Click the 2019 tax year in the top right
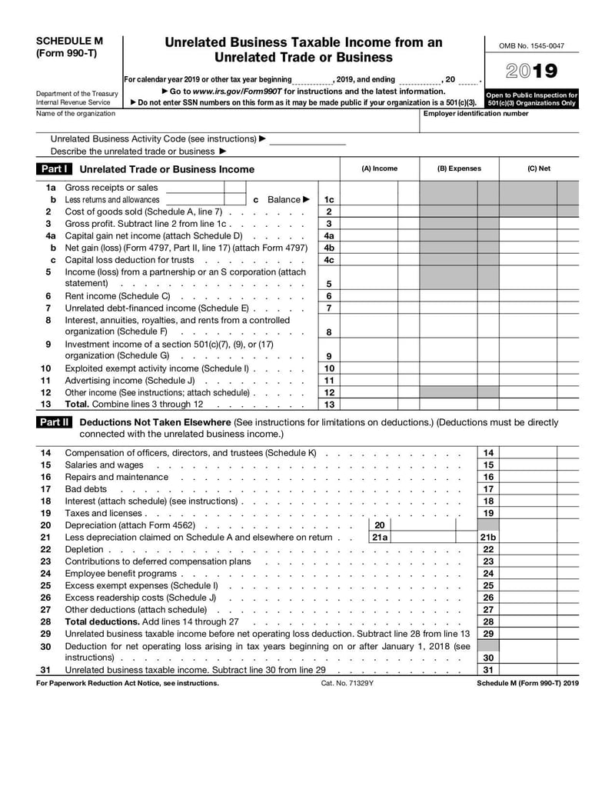pyautogui.click(x=532, y=72)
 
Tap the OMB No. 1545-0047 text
pyautogui.click(x=532, y=46)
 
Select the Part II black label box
pyautogui.click(x=55, y=422)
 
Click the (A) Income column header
pyautogui.click(x=380, y=168)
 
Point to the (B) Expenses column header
pyautogui.click(x=459, y=168)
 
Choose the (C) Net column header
pyautogui.click(x=538, y=168)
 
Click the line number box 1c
pyautogui.click(x=329, y=200)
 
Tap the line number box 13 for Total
pyautogui.click(x=329, y=405)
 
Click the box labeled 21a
pyautogui.click(x=380, y=538)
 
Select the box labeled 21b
pyautogui.click(x=488, y=538)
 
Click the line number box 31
pyautogui.click(x=488, y=670)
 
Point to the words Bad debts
pyautogui.click(x=86, y=489)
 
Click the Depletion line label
pyautogui.click(x=84, y=549)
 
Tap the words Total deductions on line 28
pyautogui.click(x=101, y=621)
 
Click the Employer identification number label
pyautogui.click(x=476, y=114)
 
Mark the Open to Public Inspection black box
pyautogui.click(x=531, y=99)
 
